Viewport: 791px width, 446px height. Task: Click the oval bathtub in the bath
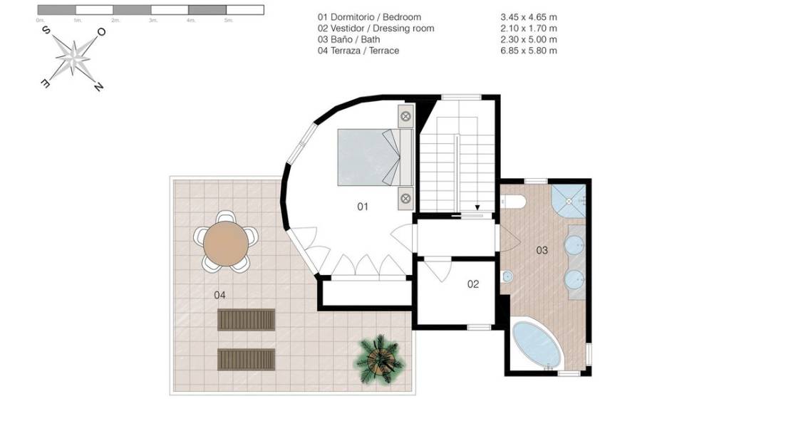tap(537, 345)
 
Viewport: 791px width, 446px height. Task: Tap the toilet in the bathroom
tap(514, 202)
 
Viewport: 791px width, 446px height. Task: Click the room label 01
tap(363, 207)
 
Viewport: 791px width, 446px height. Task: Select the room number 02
tap(473, 284)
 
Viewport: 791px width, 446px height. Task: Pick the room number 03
tap(542, 250)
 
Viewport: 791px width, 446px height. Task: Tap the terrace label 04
tap(219, 294)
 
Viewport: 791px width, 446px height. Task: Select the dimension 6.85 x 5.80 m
tap(529, 51)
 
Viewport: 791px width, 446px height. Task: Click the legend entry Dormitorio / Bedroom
tap(369, 16)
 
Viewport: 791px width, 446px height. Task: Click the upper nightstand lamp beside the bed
tap(405, 116)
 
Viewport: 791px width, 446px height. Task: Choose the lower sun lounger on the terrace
tap(246, 359)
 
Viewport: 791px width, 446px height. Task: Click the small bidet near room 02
tap(507, 277)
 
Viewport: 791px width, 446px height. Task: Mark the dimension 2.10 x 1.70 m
tap(529, 28)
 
